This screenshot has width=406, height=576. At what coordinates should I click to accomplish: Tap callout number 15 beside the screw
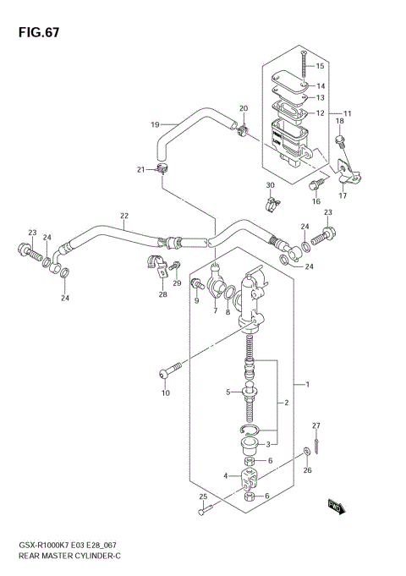point(321,66)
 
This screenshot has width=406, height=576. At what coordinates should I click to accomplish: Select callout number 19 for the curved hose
point(155,125)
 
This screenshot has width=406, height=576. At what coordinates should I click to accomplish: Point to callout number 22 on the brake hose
point(123,217)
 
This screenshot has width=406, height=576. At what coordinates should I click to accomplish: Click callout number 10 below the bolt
point(166,392)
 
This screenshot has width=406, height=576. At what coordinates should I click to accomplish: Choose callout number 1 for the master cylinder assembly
point(308,385)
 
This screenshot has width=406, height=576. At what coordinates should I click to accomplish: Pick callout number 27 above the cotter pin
point(316,425)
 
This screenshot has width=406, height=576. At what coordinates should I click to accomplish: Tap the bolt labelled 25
point(202,511)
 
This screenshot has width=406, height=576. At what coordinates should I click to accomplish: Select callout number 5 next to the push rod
point(228,392)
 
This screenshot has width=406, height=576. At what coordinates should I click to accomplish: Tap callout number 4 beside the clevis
point(225,475)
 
